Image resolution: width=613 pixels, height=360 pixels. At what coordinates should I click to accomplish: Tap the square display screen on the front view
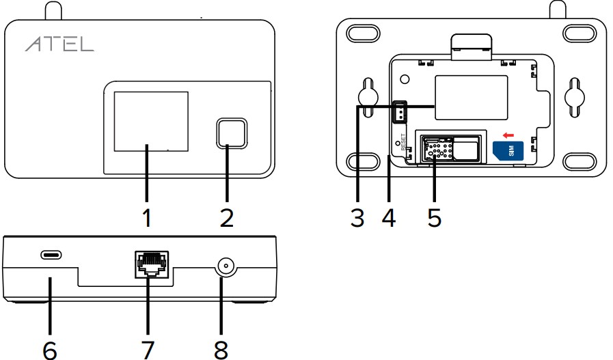pyautogui.click(x=150, y=121)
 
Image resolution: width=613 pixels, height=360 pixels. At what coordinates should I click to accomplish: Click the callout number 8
pyautogui.click(x=220, y=348)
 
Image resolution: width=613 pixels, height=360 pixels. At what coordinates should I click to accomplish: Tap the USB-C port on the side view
pyautogui.click(x=50, y=255)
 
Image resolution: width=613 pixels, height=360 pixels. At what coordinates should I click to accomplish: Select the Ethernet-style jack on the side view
pyautogui.click(x=151, y=263)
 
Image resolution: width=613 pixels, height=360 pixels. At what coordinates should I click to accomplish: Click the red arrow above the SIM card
pyautogui.click(x=507, y=136)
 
